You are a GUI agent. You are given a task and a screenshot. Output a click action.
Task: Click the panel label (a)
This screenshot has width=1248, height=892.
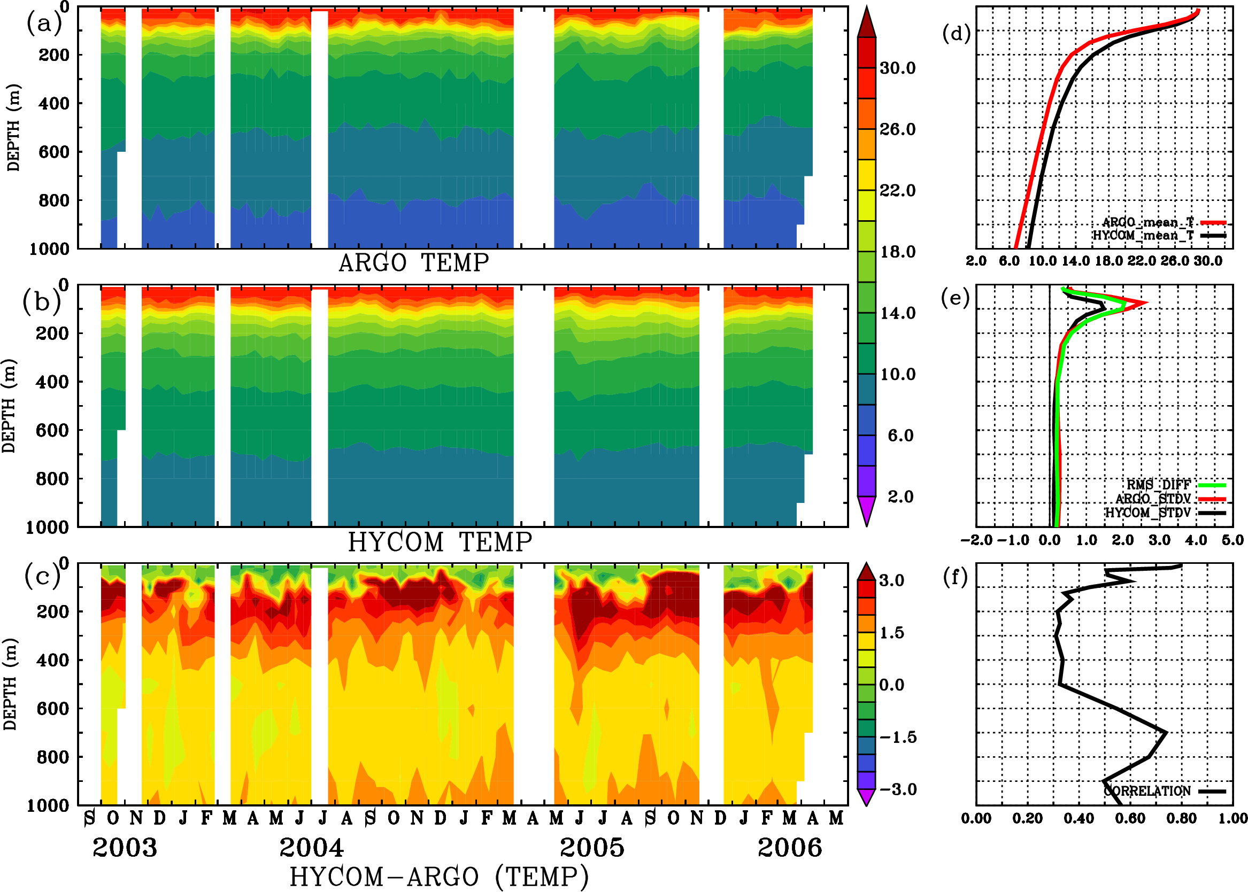click(44, 24)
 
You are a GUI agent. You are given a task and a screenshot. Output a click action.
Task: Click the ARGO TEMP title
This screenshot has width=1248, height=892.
click(413, 263)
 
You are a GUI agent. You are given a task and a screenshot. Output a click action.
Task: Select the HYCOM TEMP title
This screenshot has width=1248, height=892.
click(440, 542)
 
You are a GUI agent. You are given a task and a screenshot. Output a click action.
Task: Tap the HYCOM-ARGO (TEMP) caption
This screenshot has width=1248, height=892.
click(438, 877)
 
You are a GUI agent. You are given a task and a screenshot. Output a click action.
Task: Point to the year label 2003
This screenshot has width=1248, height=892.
click(125, 848)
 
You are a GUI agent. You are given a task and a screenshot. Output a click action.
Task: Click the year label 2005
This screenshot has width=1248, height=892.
click(592, 848)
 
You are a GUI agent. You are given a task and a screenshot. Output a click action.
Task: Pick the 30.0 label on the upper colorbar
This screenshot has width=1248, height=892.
click(897, 68)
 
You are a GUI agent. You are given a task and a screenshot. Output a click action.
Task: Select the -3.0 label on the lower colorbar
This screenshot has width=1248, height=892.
click(898, 789)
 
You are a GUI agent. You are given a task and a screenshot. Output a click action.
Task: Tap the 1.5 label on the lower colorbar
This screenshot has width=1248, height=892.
click(891, 633)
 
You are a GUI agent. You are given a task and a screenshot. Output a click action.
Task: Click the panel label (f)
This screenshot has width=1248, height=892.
click(955, 577)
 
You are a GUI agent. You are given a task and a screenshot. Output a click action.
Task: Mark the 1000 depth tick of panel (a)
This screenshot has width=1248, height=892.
click(49, 249)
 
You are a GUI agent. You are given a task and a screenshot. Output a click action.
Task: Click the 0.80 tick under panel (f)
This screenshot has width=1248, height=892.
click(1182, 818)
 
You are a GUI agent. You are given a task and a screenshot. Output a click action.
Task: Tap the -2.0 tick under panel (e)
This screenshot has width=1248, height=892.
click(976, 540)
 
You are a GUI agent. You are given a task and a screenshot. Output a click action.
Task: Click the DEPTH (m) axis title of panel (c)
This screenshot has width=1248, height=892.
click(10, 684)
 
